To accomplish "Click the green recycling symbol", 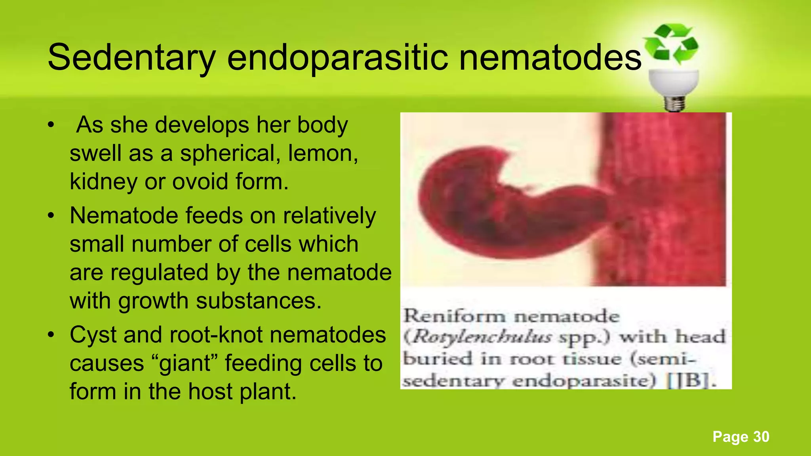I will (x=671, y=44).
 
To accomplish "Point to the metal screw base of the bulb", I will (x=674, y=103).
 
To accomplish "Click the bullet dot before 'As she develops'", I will (x=50, y=125).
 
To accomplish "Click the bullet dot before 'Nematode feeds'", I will (x=50, y=216).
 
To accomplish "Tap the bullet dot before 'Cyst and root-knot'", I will (x=50, y=335).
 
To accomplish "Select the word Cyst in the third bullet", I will (x=93, y=335).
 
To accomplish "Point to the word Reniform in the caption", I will (x=454, y=316).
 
